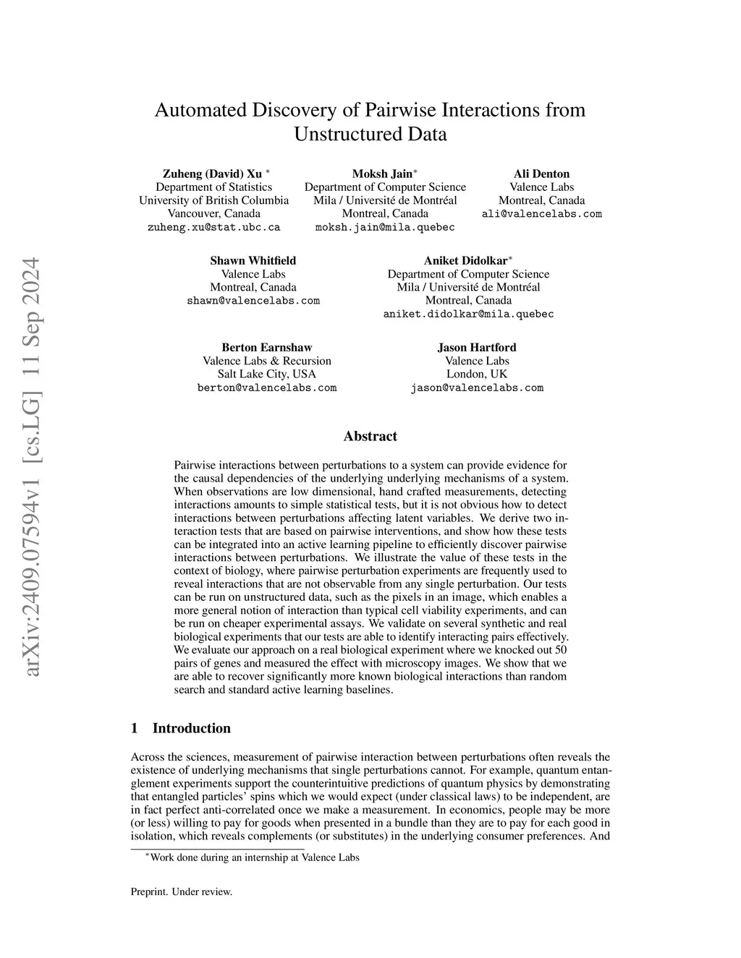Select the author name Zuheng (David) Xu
coord(211,174)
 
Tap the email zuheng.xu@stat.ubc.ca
coord(213,227)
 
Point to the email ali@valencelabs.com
coord(541,214)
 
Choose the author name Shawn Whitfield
coord(253,261)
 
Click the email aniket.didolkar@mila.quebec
coord(468,314)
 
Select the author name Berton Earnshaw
coord(267,348)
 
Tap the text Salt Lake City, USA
coord(267,375)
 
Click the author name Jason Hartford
coord(477,348)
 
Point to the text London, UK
coord(477,375)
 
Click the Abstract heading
coord(370,437)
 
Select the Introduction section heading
coord(191,729)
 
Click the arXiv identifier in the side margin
coord(33,477)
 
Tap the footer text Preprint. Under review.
coord(182,892)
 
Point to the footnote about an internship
coord(254,858)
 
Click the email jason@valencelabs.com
coord(477,388)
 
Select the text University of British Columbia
coord(213,201)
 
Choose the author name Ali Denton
coord(541,174)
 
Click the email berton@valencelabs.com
coord(267,388)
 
